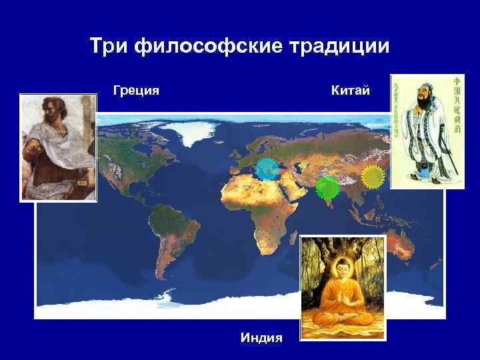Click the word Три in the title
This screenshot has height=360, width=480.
(107, 47)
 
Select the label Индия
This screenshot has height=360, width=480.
(261, 338)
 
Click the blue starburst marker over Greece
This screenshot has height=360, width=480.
(268, 171)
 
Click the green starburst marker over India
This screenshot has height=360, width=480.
(327, 189)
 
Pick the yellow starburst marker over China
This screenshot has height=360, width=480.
(373, 177)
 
